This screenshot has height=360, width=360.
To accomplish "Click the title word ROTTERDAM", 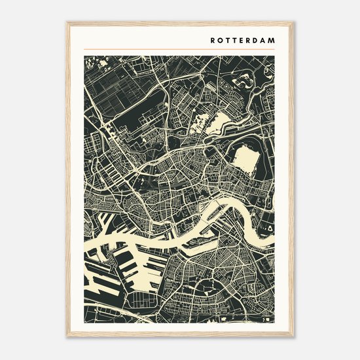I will pos(243,39).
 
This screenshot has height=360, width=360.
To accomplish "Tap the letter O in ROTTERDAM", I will pos(221,39).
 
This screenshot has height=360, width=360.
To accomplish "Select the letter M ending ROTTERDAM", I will pos(272,39).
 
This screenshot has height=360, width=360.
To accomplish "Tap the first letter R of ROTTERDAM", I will pos(213,39).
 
